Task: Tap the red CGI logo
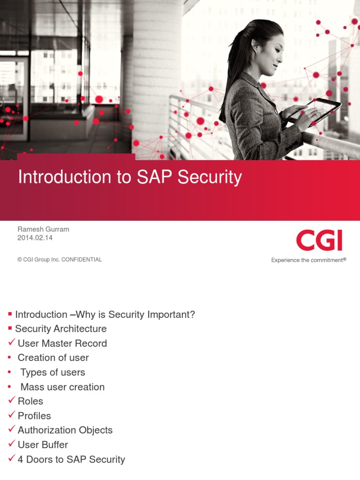[319, 240]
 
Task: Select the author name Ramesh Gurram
[43, 229]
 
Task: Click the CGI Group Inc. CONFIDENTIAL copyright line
[60, 260]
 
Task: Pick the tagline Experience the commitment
[308, 260]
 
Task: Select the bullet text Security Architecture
[61, 329]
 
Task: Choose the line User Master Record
[62, 344]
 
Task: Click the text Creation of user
[53, 358]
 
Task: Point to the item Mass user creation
[62, 387]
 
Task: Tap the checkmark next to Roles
[12, 401]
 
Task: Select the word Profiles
[34, 416]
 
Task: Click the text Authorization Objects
[65, 430]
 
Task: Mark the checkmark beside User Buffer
[12, 444]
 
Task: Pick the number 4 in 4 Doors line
[21, 460]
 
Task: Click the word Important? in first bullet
[172, 315]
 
